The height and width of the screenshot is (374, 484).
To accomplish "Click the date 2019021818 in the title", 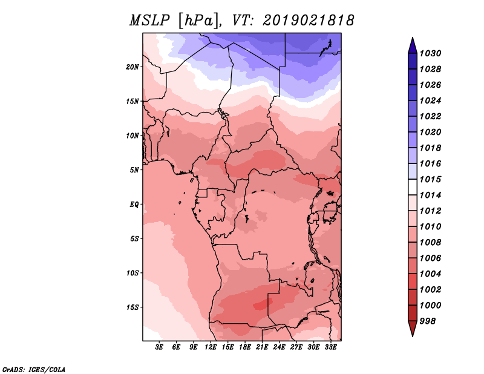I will pyautogui.click(x=308, y=21).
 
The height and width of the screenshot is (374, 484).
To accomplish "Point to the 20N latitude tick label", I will pyautogui.click(x=132, y=67).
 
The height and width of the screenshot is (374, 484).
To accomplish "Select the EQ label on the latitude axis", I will pyautogui.click(x=134, y=204).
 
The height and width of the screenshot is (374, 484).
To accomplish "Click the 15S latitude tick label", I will pyautogui.click(x=132, y=307).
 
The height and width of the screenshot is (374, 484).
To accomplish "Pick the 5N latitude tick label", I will pyautogui.click(x=134, y=169).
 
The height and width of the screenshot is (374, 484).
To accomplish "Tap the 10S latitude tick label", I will pyautogui.click(x=132, y=273).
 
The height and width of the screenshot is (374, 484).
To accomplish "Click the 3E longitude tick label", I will pyautogui.click(x=160, y=348).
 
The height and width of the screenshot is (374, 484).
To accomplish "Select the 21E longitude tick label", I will pyautogui.click(x=262, y=348).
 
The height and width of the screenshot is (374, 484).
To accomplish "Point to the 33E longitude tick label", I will pyautogui.click(x=330, y=348).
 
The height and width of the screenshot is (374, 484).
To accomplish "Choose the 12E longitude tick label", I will pyautogui.click(x=211, y=348).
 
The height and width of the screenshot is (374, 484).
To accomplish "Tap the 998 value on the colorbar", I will pyautogui.click(x=429, y=321).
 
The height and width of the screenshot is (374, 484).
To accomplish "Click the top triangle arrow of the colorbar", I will pyautogui.click(x=411, y=45).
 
